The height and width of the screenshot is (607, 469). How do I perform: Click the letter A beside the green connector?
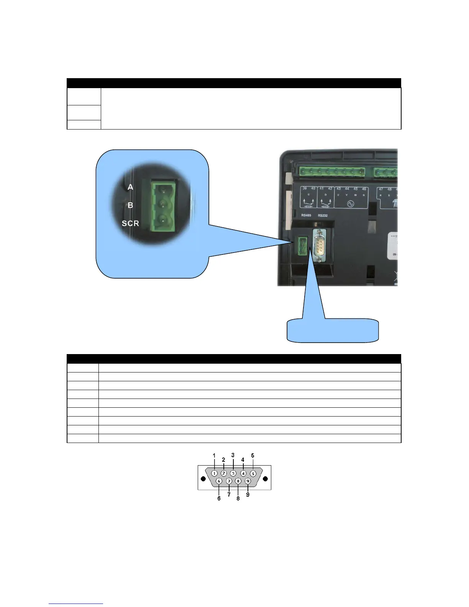click(x=130, y=187)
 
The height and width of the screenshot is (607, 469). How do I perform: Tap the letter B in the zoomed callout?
click(x=130, y=205)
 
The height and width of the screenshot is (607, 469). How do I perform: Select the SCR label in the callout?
click(x=130, y=223)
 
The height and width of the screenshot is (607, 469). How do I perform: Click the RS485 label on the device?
click(x=306, y=215)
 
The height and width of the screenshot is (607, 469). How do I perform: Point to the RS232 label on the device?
click(x=323, y=215)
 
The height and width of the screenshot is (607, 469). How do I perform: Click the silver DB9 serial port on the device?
click(x=319, y=246)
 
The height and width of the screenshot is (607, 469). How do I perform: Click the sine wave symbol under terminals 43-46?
click(x=350, y=204)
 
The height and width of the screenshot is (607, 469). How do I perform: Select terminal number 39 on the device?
click(x=305, y=189)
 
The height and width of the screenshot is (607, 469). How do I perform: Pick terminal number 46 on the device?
click(x=364, y=189)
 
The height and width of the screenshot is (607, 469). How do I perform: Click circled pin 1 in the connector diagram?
click(x=214, y=473)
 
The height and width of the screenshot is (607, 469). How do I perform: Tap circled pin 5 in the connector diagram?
click(x=253, y=473)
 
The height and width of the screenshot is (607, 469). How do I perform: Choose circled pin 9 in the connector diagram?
click(x=248, y=481)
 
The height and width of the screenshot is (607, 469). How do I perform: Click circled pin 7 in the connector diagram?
click(x=229, y=481)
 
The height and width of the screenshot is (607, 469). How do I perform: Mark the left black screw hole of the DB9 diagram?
click(x=203, y=479)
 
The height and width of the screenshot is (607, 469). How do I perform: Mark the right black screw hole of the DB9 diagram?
click(x=265, y=479)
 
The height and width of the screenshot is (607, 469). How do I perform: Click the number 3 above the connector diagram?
click(x=233, y=455)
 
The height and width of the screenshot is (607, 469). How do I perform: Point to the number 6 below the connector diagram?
click(x=219, y=499)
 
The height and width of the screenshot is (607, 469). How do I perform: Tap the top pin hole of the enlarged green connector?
click(x=163, y=188)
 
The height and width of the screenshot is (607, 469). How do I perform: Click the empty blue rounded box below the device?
click(x=333, y=330)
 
